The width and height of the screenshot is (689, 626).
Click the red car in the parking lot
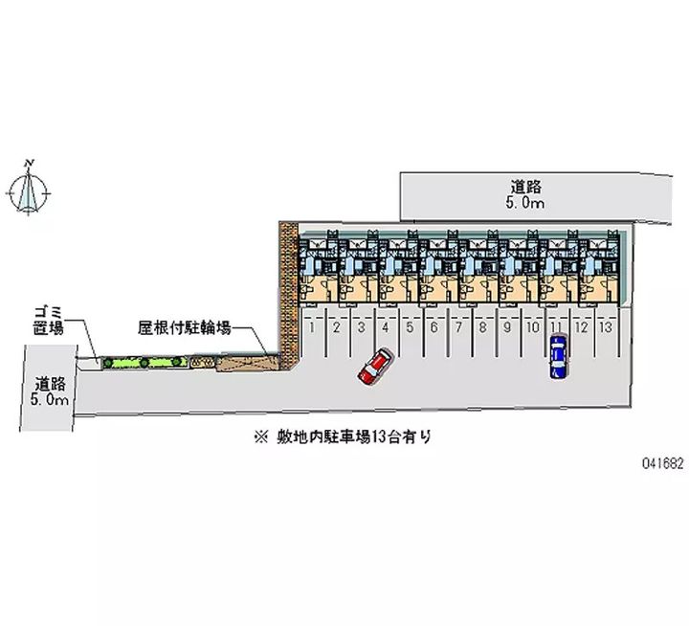374,367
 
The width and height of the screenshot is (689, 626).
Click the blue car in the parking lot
558,356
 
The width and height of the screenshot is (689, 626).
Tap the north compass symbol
29,189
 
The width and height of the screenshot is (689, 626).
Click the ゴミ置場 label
49,321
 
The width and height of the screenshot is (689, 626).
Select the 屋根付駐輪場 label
184,327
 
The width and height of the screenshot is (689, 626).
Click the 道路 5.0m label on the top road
526,194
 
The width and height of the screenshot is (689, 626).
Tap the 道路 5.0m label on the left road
49,391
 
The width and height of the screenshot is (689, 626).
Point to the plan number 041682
662,462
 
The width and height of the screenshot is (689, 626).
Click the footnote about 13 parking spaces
343,437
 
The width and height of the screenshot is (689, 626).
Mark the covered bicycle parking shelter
247,363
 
